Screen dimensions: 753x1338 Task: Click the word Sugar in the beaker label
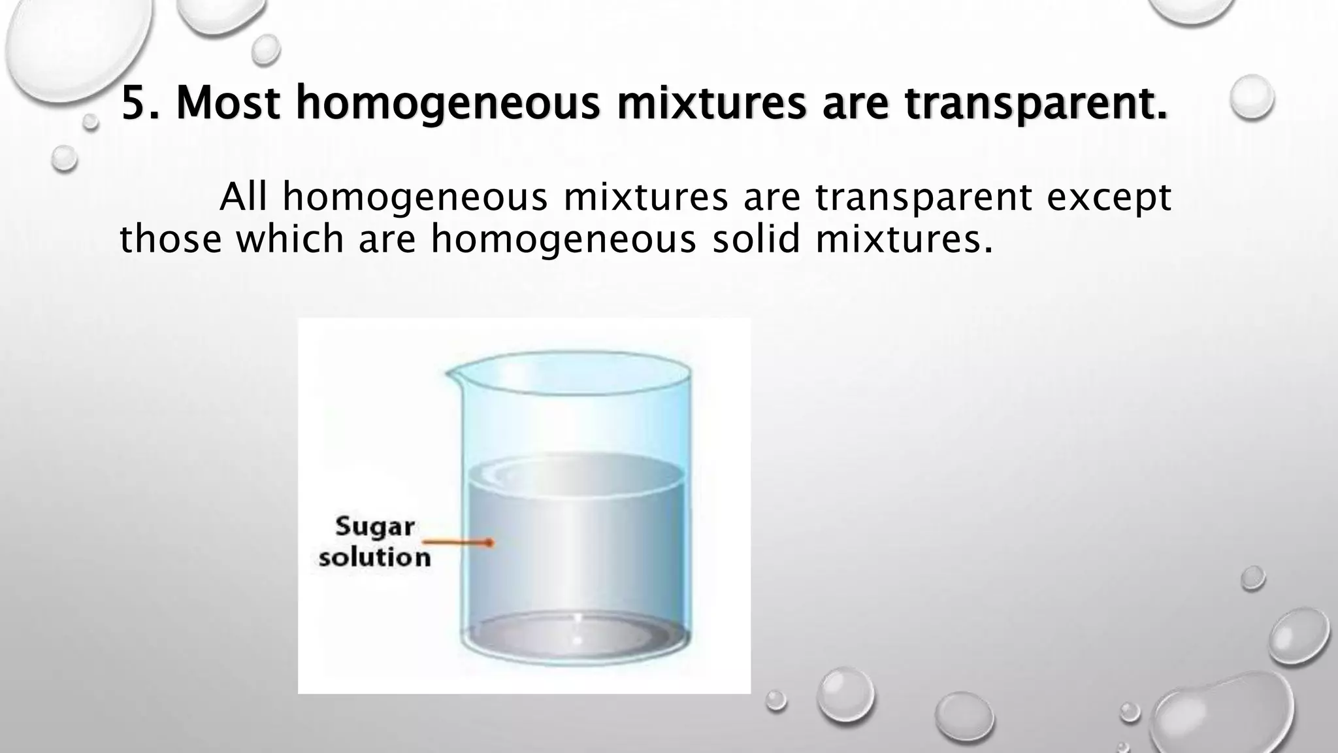tap(375, 527)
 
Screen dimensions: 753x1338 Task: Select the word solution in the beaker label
tap(375, 558)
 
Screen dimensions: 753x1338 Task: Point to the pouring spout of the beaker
tap(451, 374)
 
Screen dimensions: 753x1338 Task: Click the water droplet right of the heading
tap(1252, 97)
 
